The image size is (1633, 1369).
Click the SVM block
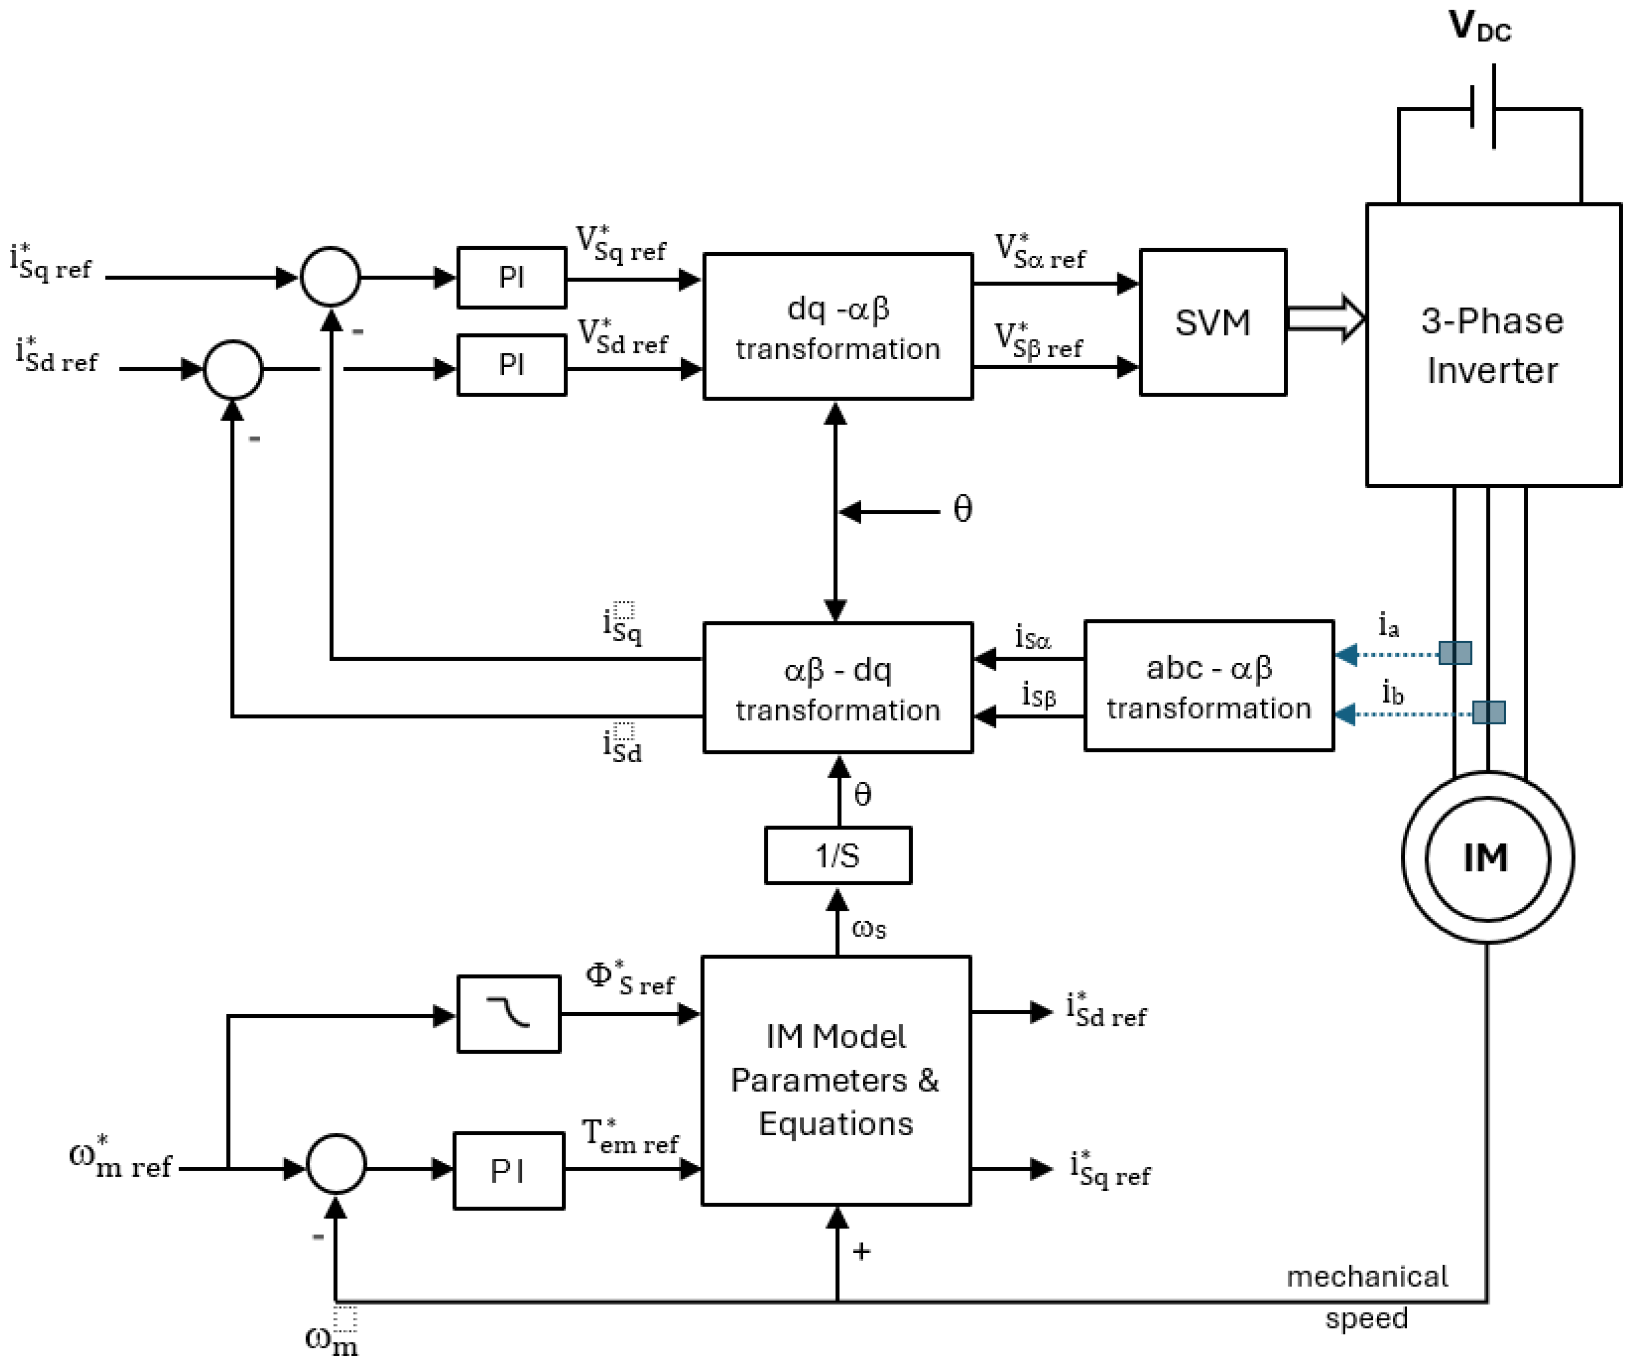click(1212, 322)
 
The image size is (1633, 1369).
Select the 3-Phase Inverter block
click(1492, 345)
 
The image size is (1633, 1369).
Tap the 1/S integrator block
click(838, 856)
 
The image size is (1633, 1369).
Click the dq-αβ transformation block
click(838, 327)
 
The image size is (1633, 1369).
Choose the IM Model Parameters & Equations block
click(836, 1081)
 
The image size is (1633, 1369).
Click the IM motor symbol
click(1487, 858)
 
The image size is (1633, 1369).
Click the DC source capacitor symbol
click(1483, 107)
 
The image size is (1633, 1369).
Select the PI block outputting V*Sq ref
click(511, 278)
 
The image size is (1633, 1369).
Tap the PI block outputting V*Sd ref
click(511, 365)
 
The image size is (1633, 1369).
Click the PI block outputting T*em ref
click(509, 1171)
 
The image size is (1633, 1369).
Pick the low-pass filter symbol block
click(509, 1014)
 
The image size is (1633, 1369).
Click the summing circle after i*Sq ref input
click(331, 277)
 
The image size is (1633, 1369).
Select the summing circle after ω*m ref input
click(336, 1164)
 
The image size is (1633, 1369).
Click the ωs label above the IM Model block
click(869, 928)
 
